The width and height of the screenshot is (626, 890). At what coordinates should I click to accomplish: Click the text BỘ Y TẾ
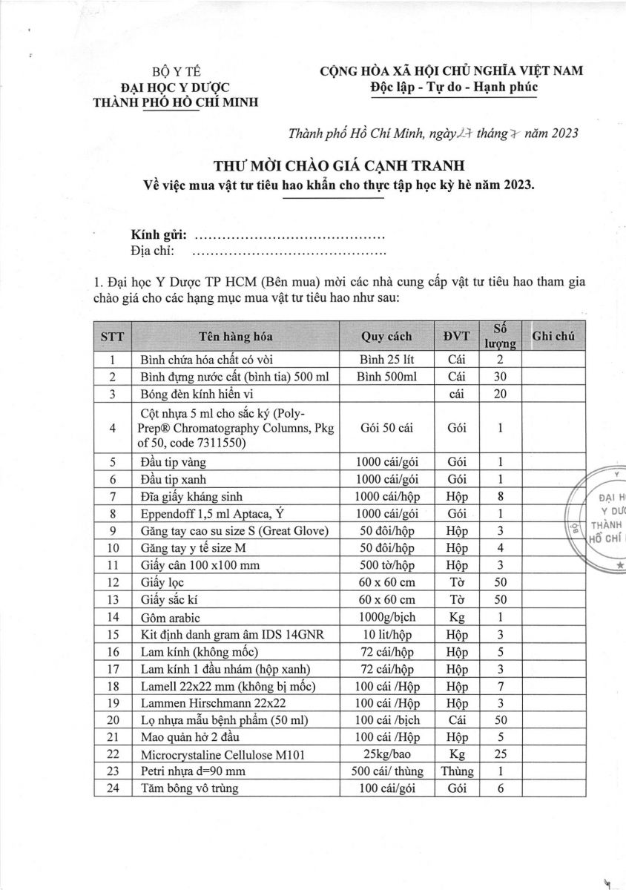click(x=176, y=72)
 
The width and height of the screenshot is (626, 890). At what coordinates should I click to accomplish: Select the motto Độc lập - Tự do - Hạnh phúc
click(x=450, y=88)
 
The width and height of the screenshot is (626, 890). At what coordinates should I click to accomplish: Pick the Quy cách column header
click(x=386, y=336)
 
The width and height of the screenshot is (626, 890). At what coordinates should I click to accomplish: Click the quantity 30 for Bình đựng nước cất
click(x=500, y=376)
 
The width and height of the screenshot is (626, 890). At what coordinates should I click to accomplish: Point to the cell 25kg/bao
click(x=386, y=754)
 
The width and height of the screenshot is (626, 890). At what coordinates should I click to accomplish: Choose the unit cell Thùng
click(x=457, y=771)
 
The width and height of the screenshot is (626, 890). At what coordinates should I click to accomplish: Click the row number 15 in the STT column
click(x=113, y=634)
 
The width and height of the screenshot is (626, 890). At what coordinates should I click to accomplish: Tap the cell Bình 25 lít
click(x=386, y=359)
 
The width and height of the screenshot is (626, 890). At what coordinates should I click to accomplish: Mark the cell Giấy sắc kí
click(x=170, y=599)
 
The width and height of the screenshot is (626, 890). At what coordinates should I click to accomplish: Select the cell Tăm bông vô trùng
click(x=190, y=788)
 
